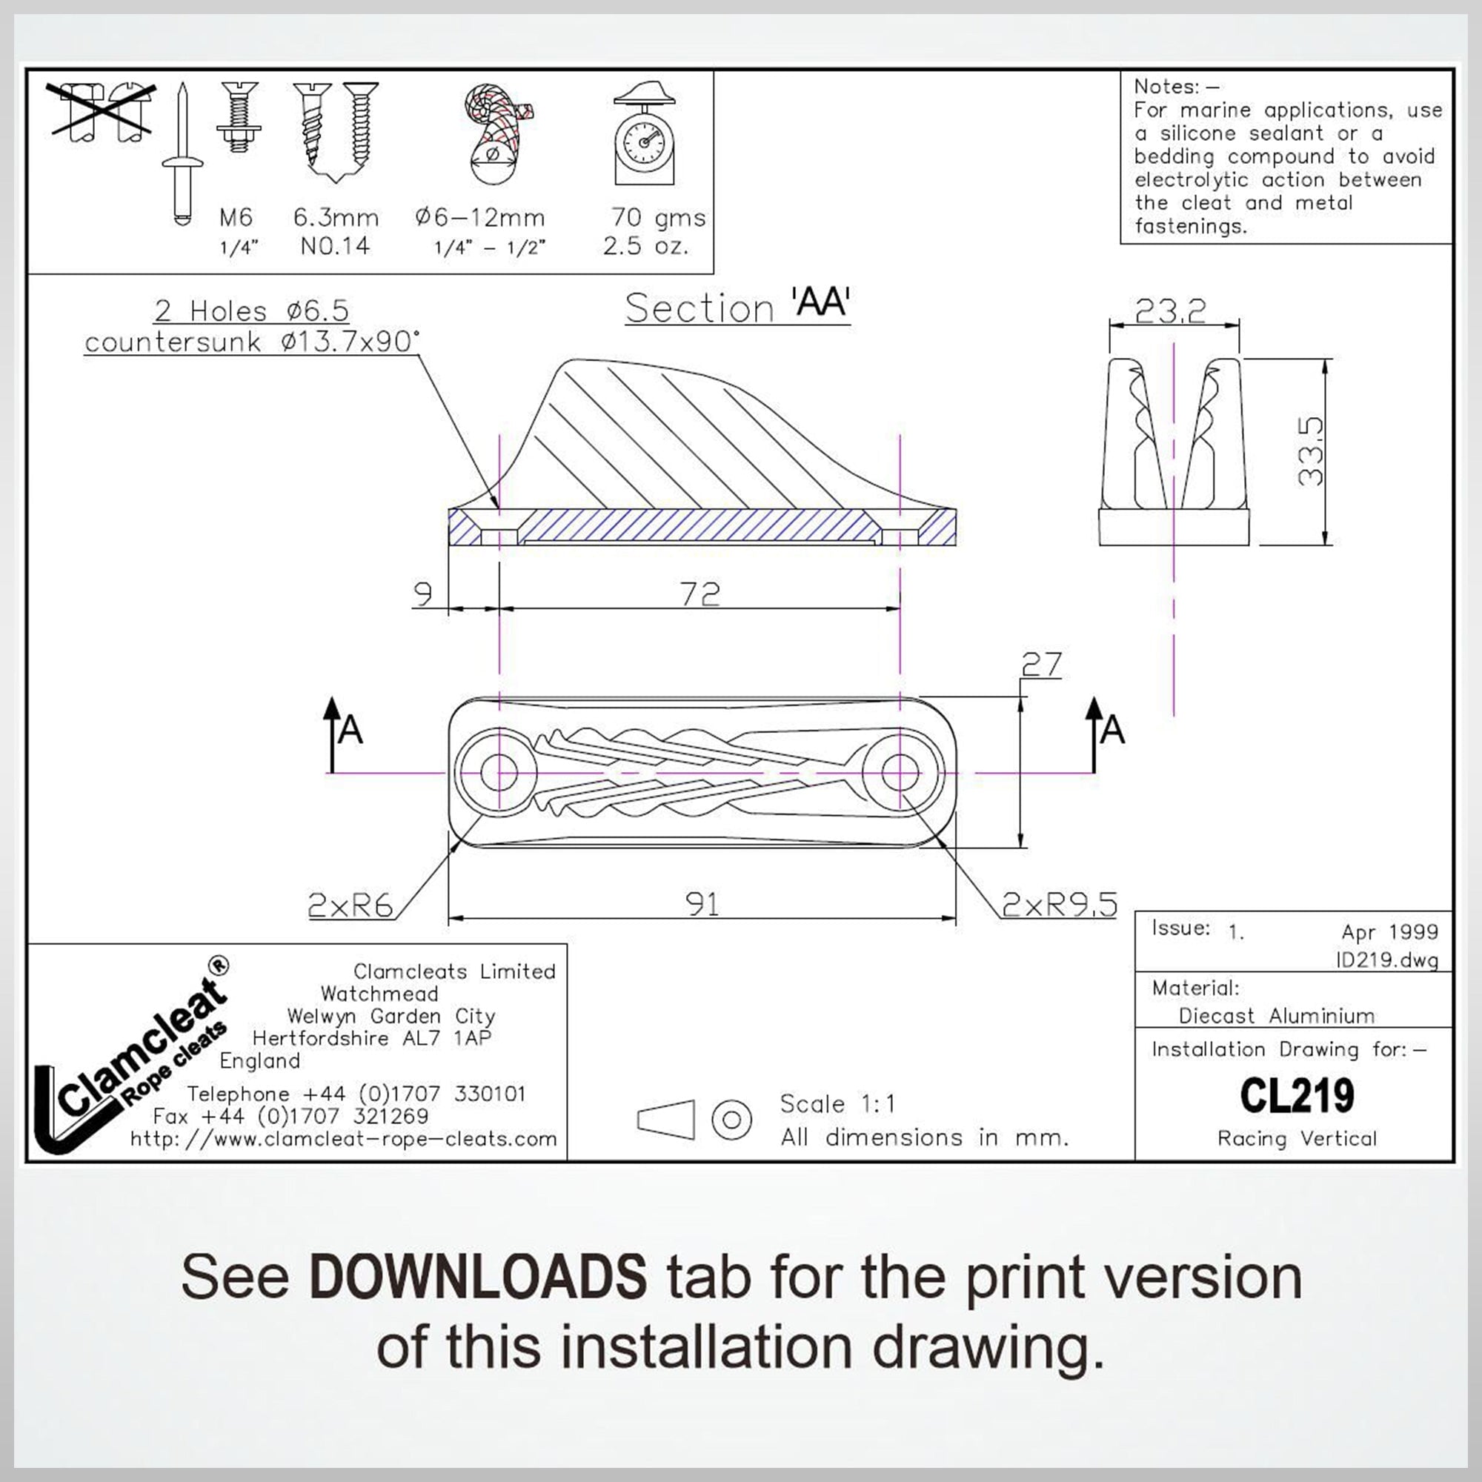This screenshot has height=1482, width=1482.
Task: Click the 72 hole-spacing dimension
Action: (x=700, y=594)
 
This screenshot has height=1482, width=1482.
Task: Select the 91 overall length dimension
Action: (x=702, y=904)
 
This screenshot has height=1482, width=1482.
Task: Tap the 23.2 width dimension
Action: (x=1170, y=310)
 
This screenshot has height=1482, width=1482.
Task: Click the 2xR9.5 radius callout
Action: (x=1060, y=906)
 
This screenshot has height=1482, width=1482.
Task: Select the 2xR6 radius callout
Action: (x=350, y=906)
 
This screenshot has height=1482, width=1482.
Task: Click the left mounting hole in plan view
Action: (x=498, y=771)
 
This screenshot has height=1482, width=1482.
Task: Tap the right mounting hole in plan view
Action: (x=901, y=771)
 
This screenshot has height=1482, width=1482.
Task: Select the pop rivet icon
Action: (x=182, y=153)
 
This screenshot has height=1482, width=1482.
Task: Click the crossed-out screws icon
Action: (x=101, y=112)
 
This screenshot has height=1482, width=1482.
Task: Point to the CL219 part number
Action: (x=1296, y=1096)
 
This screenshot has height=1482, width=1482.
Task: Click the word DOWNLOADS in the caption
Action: (x=478, y=1277)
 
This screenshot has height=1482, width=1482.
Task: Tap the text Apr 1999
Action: (x=1389, y=932)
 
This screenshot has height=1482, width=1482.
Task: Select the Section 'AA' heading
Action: (x=737, y=307)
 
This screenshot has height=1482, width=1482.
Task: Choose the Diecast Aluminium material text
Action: (x=1277, y=1016)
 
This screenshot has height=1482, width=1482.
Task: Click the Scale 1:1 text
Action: (x=837, y=1104)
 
